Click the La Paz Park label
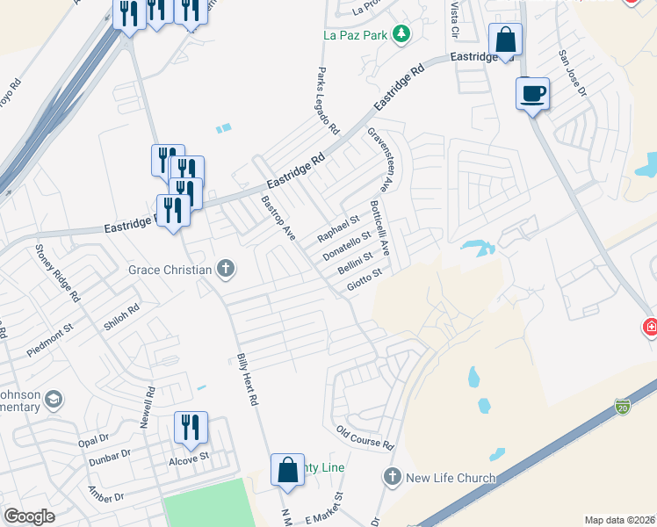pyautogui.click(x=355, y=35)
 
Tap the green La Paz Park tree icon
pyautogui.click(x=402, y=34)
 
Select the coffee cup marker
pyautogui.click(x=532, y=93)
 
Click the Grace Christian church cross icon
pyautogui.click(x=226, y=269)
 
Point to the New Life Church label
pyautogui.click(x=451, y=478)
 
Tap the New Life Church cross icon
pyautogui.click(x=392, y=478)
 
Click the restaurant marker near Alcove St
pyautogui.click(x=191, y=428)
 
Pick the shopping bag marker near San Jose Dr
pyautogui.click(x=505, y=40)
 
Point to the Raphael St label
pyautogui.click(x=338, y=226)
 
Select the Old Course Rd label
pyautogui.click(x=365, y=437)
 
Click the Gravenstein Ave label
pyautogui.click(x=383, y=160)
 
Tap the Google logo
pyautogui.click(x=29, y=516)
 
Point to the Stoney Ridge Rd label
pyautogui.click(x=57, y=273)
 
